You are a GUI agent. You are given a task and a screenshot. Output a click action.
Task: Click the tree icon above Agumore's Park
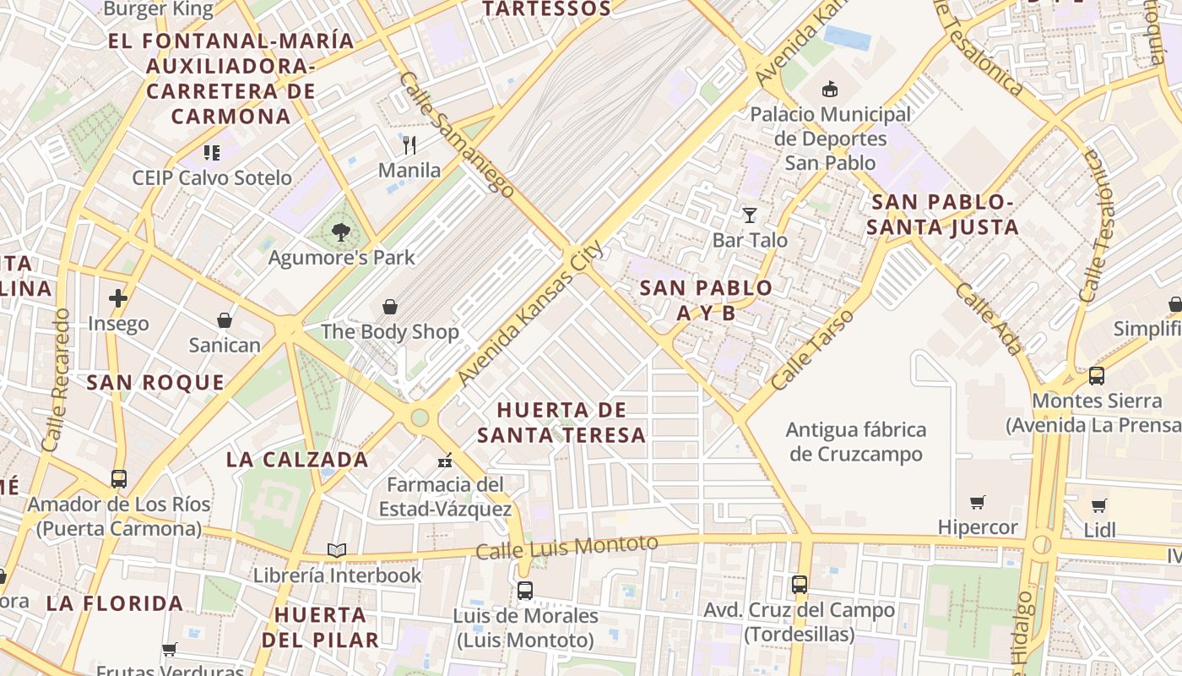(341, 232)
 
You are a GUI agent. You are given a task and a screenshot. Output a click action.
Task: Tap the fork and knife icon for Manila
(409, 145)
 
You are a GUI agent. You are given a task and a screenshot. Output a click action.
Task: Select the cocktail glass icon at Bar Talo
(749, 215)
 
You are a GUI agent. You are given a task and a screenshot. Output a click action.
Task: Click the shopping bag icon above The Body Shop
(389, 307)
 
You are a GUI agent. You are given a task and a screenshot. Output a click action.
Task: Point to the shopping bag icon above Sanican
(225, 320)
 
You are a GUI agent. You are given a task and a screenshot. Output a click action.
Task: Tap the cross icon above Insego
(118, 298)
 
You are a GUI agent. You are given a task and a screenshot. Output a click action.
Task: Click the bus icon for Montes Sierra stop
(1096, 376)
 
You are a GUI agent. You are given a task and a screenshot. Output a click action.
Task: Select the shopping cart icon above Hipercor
(978, 503)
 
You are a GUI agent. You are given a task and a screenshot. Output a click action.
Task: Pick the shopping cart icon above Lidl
(1098, 505)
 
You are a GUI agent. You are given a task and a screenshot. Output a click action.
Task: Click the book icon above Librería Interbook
(337, 551)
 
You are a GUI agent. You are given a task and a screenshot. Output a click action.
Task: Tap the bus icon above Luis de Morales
(525, 591)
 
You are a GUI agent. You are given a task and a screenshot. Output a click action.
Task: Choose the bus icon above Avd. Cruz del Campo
(799, 584)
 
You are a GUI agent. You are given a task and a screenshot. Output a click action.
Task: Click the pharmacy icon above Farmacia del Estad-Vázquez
(445, 461)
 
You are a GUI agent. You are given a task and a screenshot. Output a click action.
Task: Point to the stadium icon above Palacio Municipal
(831, 89)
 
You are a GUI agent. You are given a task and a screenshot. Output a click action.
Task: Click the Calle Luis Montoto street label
(566, 548)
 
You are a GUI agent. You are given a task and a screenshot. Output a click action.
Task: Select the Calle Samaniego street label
(456, 135)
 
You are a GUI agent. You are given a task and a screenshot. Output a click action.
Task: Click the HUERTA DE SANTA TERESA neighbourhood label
(561, 422)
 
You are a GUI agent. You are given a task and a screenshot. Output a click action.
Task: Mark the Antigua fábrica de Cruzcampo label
(855, 442)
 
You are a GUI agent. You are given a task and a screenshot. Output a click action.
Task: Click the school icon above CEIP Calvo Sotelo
(211, 153)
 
